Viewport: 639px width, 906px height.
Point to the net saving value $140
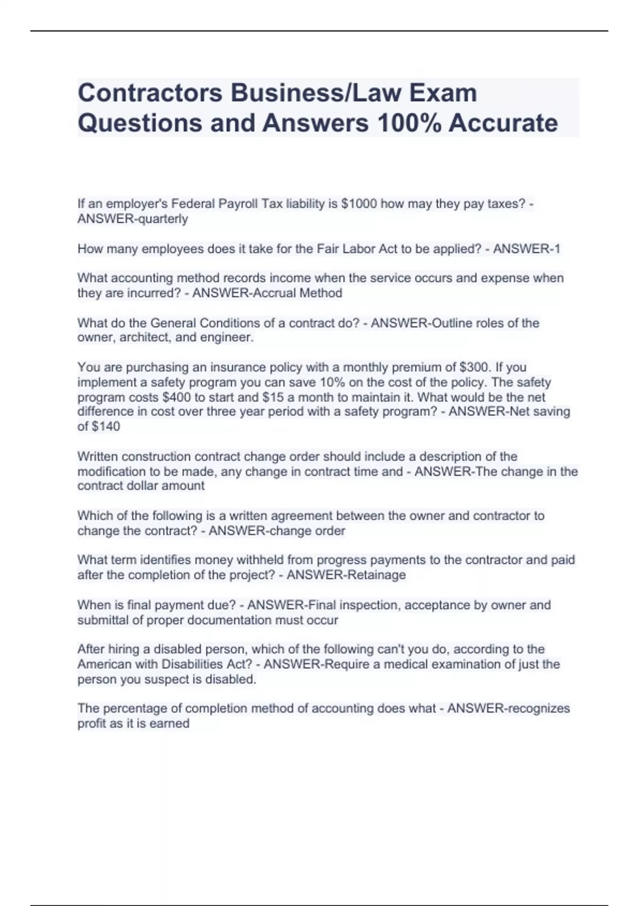click(106, 426)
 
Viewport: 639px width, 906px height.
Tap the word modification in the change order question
click(111, 471)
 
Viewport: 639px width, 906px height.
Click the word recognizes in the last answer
click(539, 708)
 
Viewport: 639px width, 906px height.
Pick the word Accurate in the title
click(503, 123)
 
